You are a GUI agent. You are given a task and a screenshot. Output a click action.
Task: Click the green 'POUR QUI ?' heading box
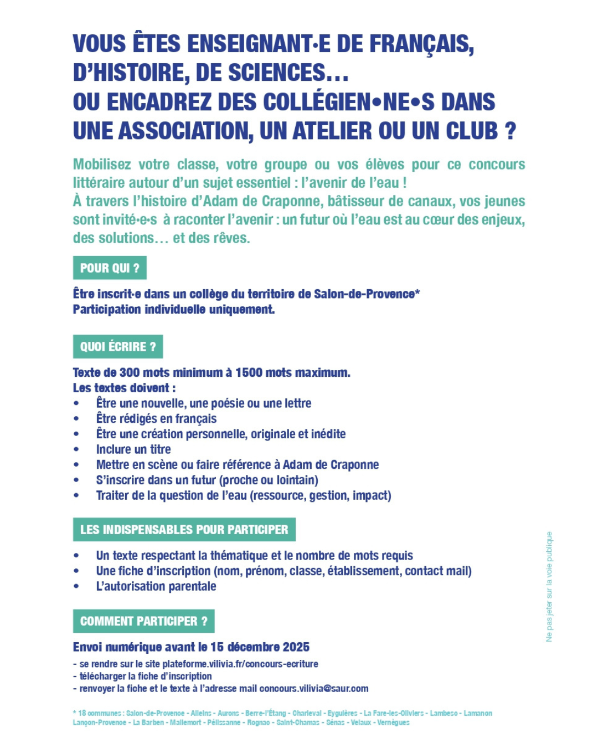(x=110, y=268)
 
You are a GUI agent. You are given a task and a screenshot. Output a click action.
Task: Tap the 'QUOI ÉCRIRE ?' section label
(x=118, y=347)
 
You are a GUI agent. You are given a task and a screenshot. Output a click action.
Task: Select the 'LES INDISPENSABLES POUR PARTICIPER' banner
(x=184, y=530)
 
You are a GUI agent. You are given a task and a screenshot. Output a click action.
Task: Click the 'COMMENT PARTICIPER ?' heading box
(x=143, y=621)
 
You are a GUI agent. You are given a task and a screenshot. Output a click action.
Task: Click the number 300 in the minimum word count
(x=130, y=372)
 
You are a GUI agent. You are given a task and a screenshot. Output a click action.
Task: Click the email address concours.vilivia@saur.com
(x=313, y=689)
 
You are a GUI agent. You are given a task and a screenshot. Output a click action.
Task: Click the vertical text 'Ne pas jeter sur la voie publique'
(x=549, y=587)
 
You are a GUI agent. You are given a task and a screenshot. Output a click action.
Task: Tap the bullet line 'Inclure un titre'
(x=133, y=449)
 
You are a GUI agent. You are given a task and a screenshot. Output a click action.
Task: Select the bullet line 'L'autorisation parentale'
(x=156, y=586)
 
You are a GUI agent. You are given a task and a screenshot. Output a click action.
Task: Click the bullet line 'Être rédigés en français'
(x=156, y=419)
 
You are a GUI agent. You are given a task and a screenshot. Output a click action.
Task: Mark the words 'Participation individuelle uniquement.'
(x=174, y=309)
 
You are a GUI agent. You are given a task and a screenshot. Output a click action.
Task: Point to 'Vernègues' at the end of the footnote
(x=393, y=723)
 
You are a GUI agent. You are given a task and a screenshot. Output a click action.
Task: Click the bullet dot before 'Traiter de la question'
(x=76, y=496)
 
